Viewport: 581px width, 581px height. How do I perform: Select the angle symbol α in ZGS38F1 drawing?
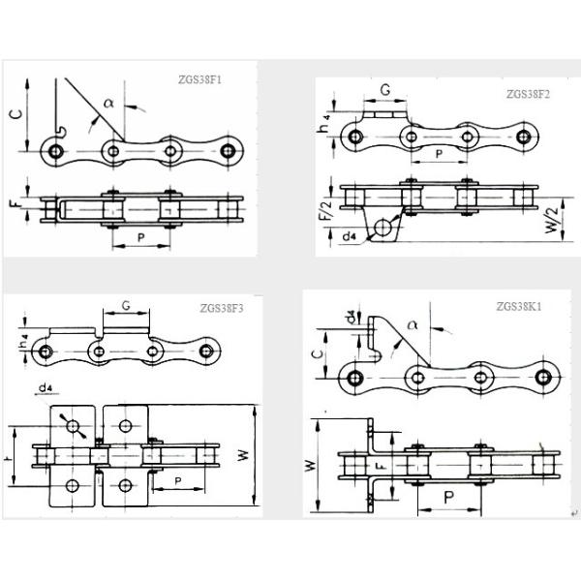[x=108, y=99]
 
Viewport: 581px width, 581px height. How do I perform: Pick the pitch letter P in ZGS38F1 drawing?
[x=143, y=235]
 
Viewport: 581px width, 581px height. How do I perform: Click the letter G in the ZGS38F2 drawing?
[x=384, y=90]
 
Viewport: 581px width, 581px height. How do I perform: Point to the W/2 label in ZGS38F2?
[x=551, y=214]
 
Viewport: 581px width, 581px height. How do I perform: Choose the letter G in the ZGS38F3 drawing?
[x=126, y=306]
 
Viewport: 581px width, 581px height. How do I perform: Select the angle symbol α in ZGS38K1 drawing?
[x=413, y=326]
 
